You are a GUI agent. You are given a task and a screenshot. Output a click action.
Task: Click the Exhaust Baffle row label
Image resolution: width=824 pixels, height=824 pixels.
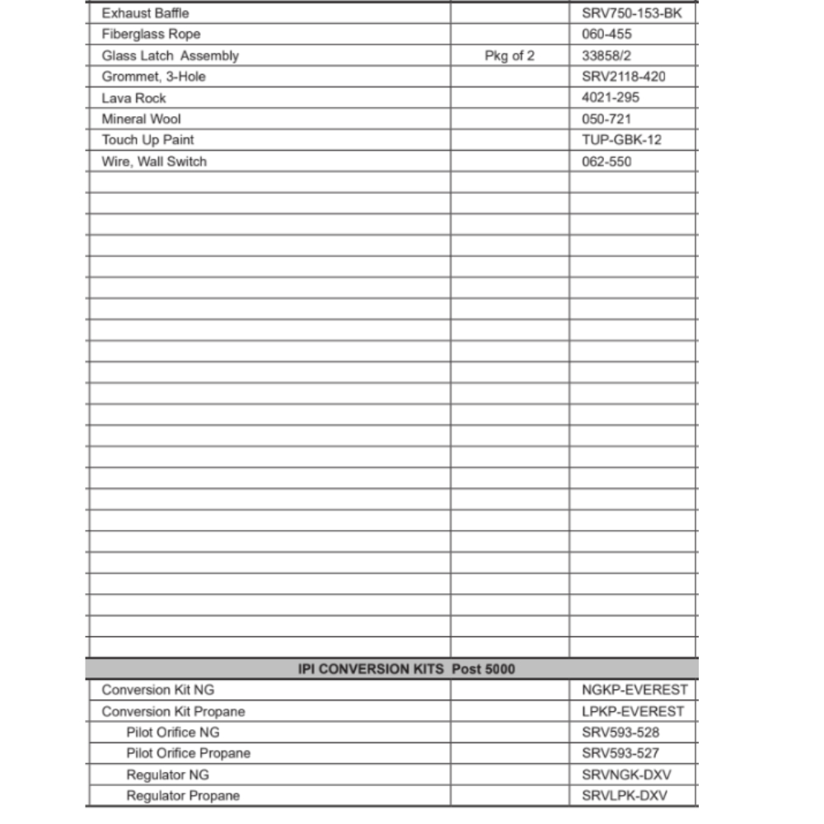click(145, 13)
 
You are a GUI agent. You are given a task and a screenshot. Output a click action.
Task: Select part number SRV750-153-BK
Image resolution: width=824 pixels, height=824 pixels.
click(632, 13)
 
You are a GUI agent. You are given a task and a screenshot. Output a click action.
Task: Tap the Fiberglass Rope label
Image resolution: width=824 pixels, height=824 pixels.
click(151, 35)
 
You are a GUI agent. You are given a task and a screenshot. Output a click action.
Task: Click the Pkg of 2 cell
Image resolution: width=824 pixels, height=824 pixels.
click(509, 56)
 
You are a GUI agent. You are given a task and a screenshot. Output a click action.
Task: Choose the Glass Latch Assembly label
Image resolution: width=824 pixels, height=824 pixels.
click(170, 56)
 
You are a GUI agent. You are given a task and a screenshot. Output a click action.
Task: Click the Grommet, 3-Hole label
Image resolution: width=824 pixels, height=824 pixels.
click(153, 77)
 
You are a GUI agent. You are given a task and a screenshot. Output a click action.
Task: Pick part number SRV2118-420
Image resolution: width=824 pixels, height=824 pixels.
click(624, 77)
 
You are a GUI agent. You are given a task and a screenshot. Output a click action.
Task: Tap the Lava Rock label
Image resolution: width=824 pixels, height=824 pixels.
click(133, 98)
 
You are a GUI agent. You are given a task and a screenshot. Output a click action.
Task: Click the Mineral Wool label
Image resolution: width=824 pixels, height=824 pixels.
click(141, 119)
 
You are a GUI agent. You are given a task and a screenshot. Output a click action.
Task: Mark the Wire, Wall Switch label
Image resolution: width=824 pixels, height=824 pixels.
click(154, 162)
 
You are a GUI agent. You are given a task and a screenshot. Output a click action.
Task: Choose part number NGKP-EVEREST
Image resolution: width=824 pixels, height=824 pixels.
click(633, 690)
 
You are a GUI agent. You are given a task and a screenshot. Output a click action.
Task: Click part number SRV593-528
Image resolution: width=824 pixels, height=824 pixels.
click(620, 733)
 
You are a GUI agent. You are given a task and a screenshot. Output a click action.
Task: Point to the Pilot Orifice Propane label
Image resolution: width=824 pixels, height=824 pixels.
click(188, 753)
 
